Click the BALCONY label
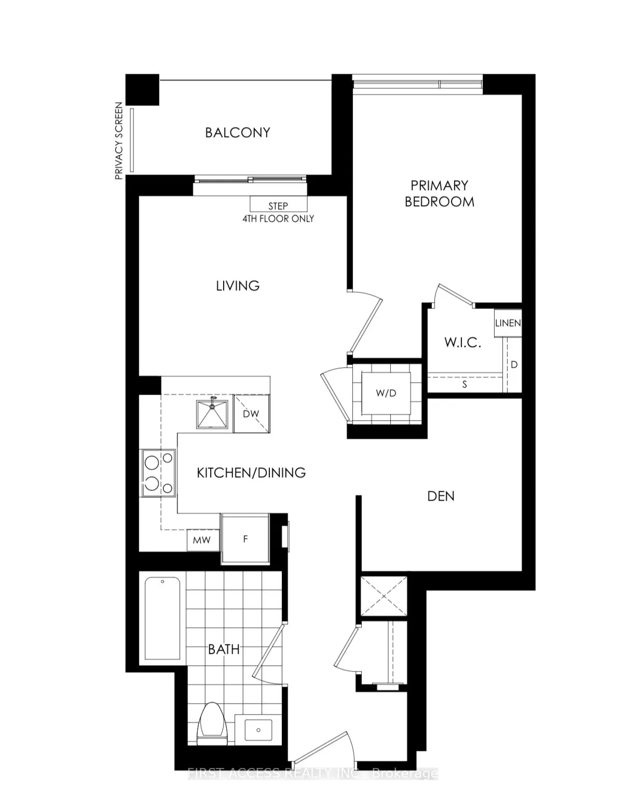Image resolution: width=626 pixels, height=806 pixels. point(238,132)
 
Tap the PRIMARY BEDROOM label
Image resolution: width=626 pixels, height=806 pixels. point(439,194)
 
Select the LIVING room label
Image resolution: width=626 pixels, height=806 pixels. point(238,286)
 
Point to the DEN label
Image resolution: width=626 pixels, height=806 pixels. point(441,496)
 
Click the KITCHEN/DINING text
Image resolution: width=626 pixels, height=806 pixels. point(251,473)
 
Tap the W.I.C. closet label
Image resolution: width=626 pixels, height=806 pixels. point(462,343)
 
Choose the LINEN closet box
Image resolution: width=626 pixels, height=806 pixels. point(508,323)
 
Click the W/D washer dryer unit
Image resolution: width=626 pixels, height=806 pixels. point(386,393)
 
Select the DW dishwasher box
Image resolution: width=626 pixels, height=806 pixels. point(251,414)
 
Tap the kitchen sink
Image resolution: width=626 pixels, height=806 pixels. point(213,414)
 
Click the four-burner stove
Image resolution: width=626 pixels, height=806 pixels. point(158,473)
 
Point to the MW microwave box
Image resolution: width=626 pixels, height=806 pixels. point(202,540)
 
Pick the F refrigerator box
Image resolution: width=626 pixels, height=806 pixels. point(246,539)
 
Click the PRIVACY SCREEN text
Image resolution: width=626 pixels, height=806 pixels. point(119,141)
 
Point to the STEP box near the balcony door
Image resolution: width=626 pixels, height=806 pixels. point(278,204)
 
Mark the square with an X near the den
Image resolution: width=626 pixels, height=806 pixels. point(384,596)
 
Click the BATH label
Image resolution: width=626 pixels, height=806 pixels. point(224,649)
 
